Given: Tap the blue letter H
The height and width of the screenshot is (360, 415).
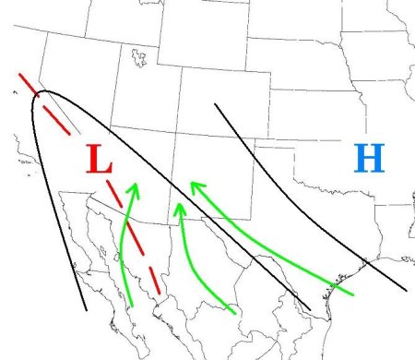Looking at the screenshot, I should [368, 160].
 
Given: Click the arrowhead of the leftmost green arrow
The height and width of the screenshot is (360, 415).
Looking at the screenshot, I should [134, 188].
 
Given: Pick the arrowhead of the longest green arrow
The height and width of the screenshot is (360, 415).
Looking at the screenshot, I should [194, 186].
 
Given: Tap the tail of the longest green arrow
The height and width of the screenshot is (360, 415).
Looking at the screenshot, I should [353, 294].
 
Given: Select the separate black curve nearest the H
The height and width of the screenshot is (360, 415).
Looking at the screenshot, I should [304, 212].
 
